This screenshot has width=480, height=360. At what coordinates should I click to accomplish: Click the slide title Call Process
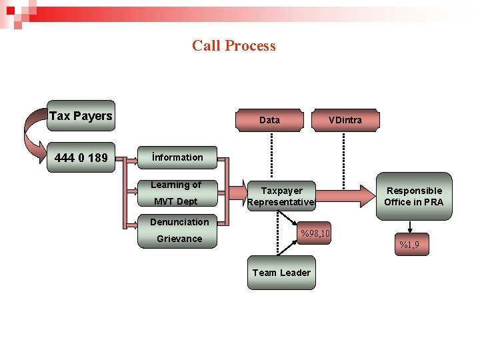click(233, 46)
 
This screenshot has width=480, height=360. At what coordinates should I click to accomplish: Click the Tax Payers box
click(81, 116)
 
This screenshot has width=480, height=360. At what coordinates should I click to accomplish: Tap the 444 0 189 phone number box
click(81, 158)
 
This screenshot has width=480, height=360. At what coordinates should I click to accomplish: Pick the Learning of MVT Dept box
click(177, 193)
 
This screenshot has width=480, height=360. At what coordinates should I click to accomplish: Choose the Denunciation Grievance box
click(178, 231)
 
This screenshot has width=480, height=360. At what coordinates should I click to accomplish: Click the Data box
click(269, 120)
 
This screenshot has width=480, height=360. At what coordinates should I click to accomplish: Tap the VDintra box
click(345, 120)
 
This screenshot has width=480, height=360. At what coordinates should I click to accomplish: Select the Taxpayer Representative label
click(281, 197)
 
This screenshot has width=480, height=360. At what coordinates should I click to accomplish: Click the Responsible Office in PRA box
click(413, 196)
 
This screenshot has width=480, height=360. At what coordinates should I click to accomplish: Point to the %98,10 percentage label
click(315, 234)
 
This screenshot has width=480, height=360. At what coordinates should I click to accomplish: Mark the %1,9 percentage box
click(409, 245)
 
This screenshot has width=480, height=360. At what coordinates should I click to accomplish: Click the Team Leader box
click(281, 273)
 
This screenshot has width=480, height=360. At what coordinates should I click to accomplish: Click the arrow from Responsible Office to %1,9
click(412, 227)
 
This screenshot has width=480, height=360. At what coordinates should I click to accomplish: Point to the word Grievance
click(179, 239)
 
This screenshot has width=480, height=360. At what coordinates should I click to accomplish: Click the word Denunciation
click(179, 222)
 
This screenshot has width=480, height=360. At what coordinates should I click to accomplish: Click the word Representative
click(281, 203)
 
